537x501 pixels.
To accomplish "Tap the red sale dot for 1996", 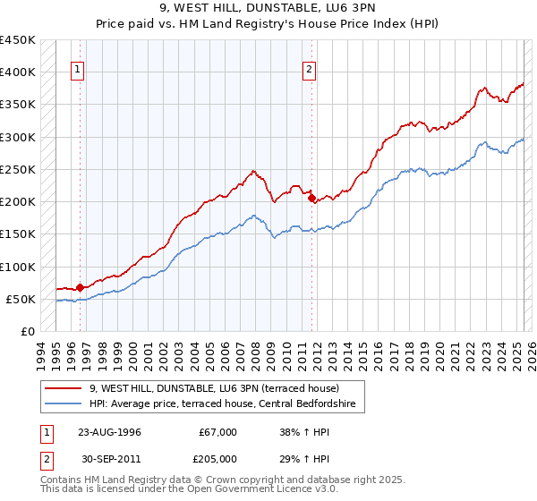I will [x=80, y=287].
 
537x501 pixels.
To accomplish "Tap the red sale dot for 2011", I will [x=311, y=199].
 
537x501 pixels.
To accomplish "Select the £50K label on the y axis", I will [x=21, y=299].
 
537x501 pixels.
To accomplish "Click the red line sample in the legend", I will [x=64, y=388].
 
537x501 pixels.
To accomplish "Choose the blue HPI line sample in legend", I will [x=64, y=404].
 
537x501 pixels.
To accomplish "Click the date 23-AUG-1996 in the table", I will [x=109, y=432].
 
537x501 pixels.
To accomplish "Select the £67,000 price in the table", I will [x=218, y=432].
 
